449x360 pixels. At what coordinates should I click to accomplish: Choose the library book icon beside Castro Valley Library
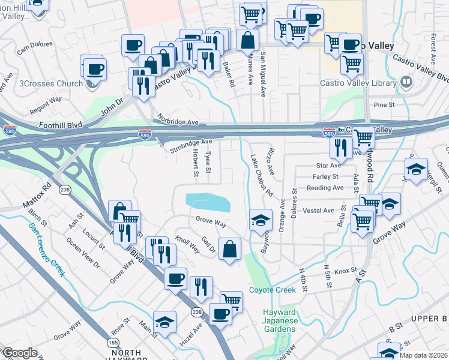pyautogui.click(x=406, y=82)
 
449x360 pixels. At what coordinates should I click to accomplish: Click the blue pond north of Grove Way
pyautogui.click(x=208, y=202)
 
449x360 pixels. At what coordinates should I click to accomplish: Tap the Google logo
pyautogui.click(x=20, y=353)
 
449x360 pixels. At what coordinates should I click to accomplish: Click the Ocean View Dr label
pyautogui.click(x=83, y=254)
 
